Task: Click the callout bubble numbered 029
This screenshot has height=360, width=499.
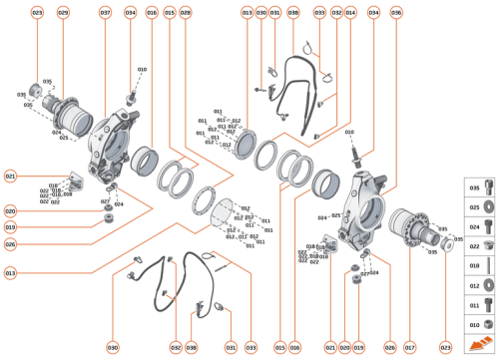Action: pyautogui.click(x=63, y=13)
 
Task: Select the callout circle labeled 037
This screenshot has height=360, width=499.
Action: pyautogui.click(x=105, y=13)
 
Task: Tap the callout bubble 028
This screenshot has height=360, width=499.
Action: pyautogui.click(x=186, y=13)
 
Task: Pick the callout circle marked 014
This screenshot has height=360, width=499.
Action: pyautogui.click(x=350, y=13)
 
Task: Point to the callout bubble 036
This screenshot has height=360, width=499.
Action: pyautogui.click(x=396, y=13)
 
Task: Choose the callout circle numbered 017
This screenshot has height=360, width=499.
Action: pyautogui.click(x=409, y=347)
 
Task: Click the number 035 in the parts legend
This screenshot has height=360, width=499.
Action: pyautogui.click(x=474, y=186)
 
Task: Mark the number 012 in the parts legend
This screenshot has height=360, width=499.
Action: pyautogui.click(x=474, y=285)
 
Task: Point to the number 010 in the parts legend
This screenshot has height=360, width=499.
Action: pyautogui.click(x=474, y=324)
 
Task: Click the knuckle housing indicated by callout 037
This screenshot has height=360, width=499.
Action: pyautogui.click(x=114, y=140)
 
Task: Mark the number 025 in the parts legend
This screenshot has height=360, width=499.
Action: pyautogui.click(x=474, y=206)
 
